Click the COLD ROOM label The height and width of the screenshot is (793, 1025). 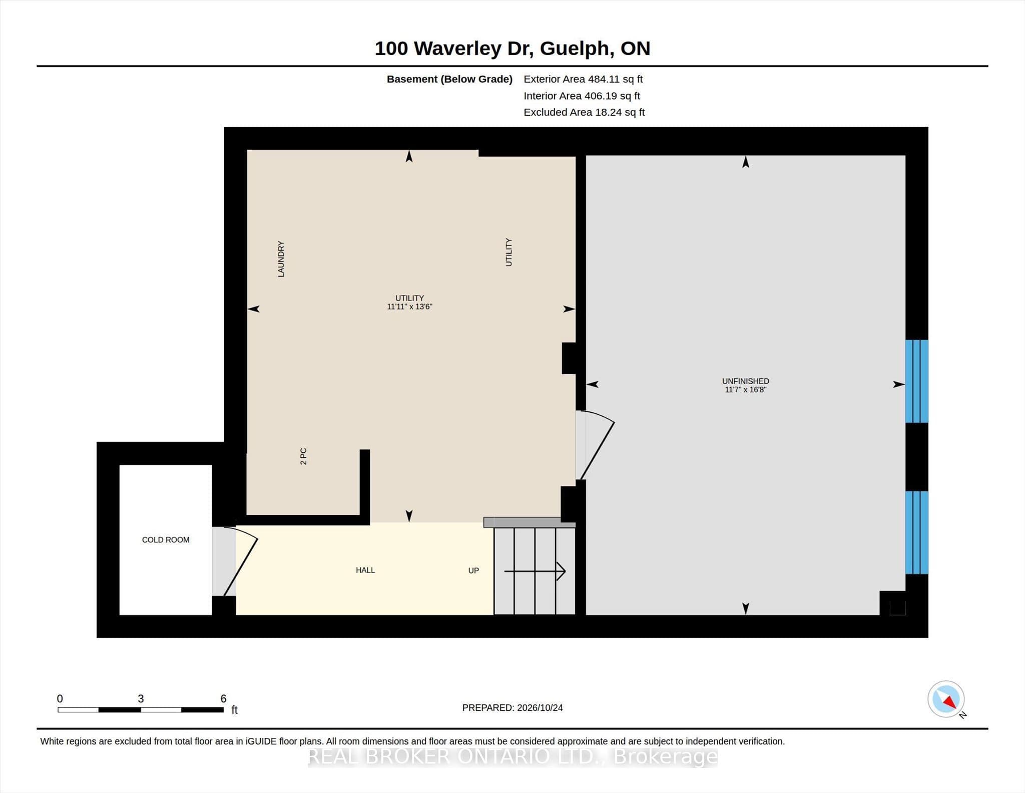coord(166,540)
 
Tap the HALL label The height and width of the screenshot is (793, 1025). coord(365,570)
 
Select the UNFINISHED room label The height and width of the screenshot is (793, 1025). coord(745,381)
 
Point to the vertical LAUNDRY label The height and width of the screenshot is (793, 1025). coord(281,259)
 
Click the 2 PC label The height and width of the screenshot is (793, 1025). coord(303,456)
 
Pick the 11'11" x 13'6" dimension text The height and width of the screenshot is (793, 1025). coord(409,307)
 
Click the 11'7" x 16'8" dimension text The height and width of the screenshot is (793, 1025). coord(745,390)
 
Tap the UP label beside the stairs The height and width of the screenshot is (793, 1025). coord(473,571)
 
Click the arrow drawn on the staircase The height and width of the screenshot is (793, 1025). coord(535,571)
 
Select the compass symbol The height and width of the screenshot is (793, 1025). coord(946,699)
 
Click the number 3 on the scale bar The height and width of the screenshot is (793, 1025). coord(141,699)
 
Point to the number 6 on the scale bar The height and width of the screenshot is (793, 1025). coord(223,699)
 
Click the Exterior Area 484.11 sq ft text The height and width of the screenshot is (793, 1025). coord(583,79)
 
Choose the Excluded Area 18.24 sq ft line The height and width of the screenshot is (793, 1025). coord(584,112)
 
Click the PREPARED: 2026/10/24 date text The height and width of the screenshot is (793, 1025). coord(512,708)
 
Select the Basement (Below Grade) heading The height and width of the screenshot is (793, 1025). coord(449,79)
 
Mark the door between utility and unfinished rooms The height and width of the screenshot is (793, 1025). coord(595,445)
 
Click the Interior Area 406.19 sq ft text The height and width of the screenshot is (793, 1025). coord(582,96)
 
